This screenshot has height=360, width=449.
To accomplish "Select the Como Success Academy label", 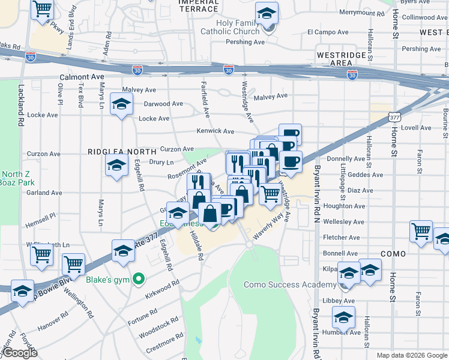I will coord(290,284).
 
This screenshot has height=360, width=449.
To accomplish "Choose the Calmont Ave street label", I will coord(82,77).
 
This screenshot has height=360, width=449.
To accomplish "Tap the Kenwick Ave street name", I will coord(215,131).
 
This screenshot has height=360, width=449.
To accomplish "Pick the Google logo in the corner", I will coord(20,353).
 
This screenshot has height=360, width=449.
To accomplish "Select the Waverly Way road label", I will coord(268,228).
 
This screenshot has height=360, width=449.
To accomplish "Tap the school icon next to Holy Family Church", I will coord(267,14).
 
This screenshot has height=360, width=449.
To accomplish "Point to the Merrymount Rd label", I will coord(361,13).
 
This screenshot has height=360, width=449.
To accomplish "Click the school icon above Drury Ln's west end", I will coord(117,165).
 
